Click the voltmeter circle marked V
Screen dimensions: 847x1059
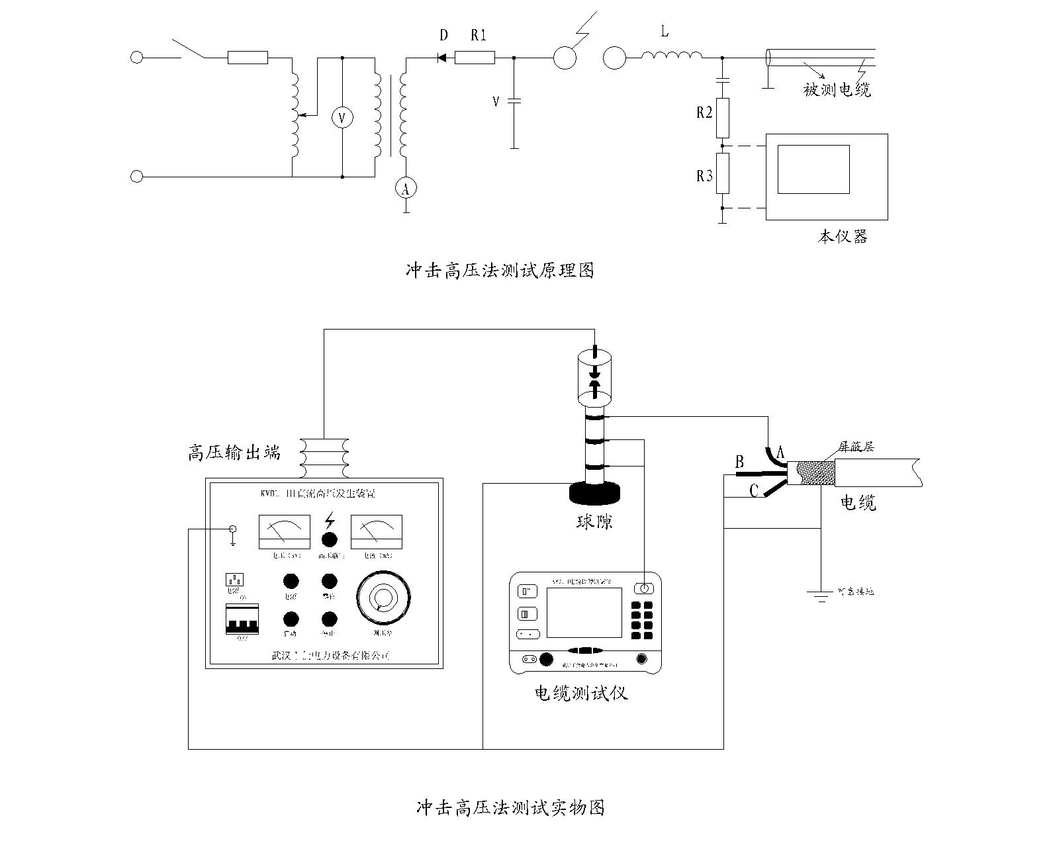pyautogui.click(x=342, y=118)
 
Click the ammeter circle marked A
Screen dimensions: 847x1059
pyautogui.click(x=406, y=189)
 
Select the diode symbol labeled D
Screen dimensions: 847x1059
pyautogui.click(x=442, y=58)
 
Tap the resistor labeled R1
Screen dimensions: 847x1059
pyautogui.click(x=475, y=58)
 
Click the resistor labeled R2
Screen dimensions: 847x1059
pyautogui.click(x=723, y=118)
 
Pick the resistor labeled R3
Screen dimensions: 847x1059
pyautogui.click(x=723, y=173)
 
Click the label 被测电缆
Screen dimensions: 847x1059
pyautogui.click(x=837, y=89)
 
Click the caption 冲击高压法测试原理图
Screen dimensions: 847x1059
pyautogui.click(x=500, y=271)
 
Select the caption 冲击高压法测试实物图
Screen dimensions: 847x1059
pyautogui.click(x=510, y=808)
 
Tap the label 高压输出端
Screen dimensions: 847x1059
pyautogui.click(x=234, y=453)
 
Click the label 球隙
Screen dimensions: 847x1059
pyautogui.click(x=594, y=521)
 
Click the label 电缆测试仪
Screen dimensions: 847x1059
pyautogui.click(x=581, y=693)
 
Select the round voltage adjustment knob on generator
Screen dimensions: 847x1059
pyautogui.click(x=383, y=597)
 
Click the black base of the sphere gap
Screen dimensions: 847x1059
pyautogui.click(x=594, y=493)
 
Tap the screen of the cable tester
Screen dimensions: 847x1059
pyautogui.click(x=584, y=612)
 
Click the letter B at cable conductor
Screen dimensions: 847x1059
pyautogui.click(x=740, y=462)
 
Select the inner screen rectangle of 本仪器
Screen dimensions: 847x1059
pyautogui.click(x=813, y=169)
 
